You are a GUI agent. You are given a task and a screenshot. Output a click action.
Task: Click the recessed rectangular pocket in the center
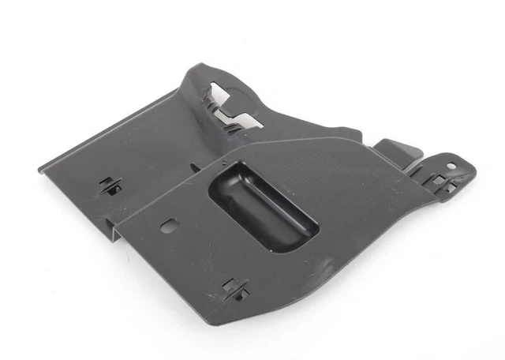(x=264, y=207)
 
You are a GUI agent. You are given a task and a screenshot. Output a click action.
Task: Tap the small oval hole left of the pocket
(x=169, y=226)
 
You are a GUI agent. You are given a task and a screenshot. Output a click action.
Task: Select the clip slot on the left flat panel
(x=110, y=186)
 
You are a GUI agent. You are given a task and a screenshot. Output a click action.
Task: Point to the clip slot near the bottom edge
(x=235, y=289)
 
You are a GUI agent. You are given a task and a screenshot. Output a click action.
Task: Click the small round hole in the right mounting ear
(x=451, y=167)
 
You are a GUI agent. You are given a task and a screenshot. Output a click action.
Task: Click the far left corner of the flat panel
(x=39, y=167)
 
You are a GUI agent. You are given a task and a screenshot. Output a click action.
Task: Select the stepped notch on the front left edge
(x=117, y=234)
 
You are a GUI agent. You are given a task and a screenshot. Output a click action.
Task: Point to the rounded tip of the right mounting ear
(x=472, y=170)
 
